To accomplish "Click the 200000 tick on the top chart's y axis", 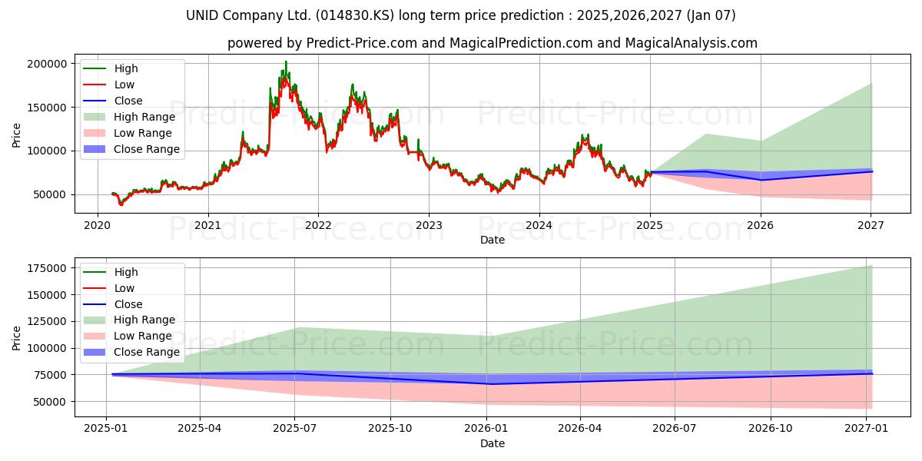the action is point(47,64).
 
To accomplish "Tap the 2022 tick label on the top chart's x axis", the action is point(319,225).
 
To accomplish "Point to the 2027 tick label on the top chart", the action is point(871,225).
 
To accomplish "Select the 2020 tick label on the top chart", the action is point(98,225).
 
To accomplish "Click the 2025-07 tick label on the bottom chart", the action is point(295,429).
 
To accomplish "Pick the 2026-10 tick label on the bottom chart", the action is point(771,429).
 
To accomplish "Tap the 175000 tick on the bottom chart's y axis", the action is point(47,268).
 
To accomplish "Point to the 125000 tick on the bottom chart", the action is point(47,321).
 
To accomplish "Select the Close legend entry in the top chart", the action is point(113,101).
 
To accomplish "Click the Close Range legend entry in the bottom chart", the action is point(131,352).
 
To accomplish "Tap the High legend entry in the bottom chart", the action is point(111,272).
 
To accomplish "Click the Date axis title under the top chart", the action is point(493,240).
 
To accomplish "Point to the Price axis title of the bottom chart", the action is point(16,338).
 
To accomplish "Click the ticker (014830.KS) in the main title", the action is point(355,15).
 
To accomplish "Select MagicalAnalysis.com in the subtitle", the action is point(691,43).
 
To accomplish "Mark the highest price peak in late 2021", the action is point(286,61).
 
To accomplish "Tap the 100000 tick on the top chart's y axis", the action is point(47,151).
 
